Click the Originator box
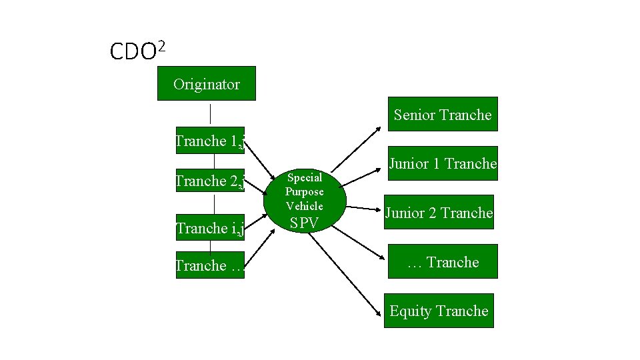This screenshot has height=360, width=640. tap(206, 83)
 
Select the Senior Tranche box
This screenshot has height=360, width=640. tap(442, 114)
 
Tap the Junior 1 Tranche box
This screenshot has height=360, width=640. tap(442, 163)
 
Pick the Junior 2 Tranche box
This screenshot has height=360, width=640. tap(438, 212)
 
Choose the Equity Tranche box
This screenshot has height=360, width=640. tap(439, 311)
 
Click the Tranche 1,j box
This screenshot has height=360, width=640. tap(210, 140)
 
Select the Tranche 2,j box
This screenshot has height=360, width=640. tap(210, 180)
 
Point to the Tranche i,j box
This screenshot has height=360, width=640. tap(210, 228)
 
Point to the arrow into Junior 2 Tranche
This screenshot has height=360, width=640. tap(363, 208)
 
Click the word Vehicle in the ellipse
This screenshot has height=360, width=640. tap(304, 206)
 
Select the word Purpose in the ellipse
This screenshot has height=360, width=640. tap(304, 191)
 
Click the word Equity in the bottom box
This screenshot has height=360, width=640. tap(411, 311)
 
